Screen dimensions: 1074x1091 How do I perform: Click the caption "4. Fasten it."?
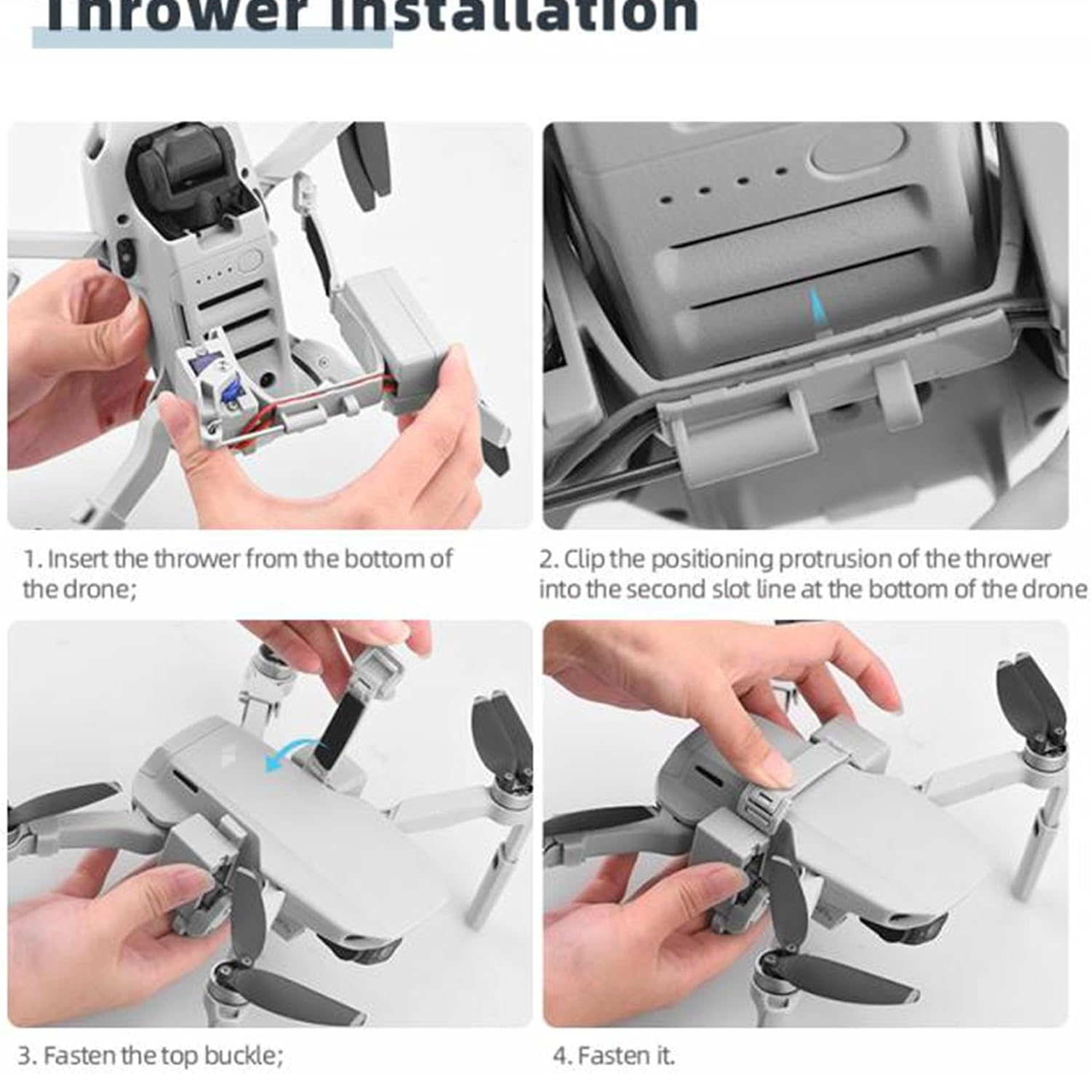click(x=613, y=1055)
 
